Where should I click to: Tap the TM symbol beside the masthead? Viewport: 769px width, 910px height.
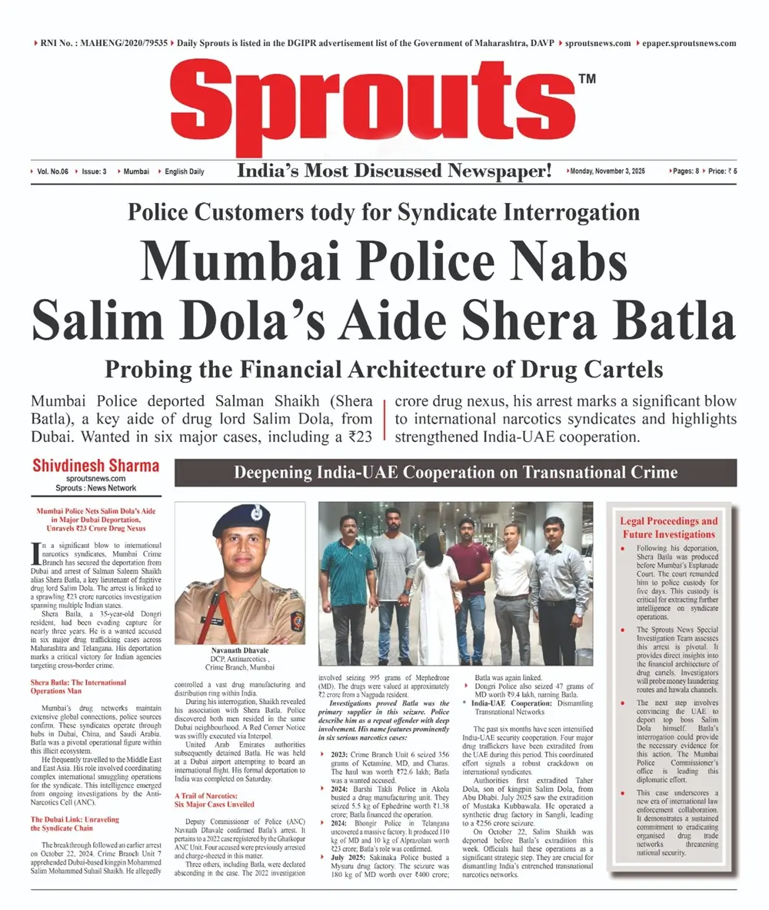click(587, 78)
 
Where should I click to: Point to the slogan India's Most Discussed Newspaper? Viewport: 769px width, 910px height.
click(394, 171)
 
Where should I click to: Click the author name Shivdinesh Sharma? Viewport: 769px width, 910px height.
click(96, 466)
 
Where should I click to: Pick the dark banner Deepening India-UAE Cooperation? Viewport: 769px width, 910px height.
click(454, 473)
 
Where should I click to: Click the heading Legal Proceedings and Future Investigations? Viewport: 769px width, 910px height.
click(668, 527)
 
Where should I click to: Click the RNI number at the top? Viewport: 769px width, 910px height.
click(102, 44)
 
